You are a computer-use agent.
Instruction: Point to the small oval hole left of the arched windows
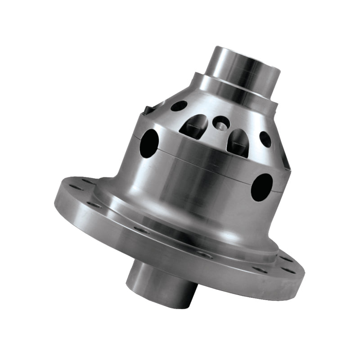tap(179, 106)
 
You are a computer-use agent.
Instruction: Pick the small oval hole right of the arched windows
tap(265, 139)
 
